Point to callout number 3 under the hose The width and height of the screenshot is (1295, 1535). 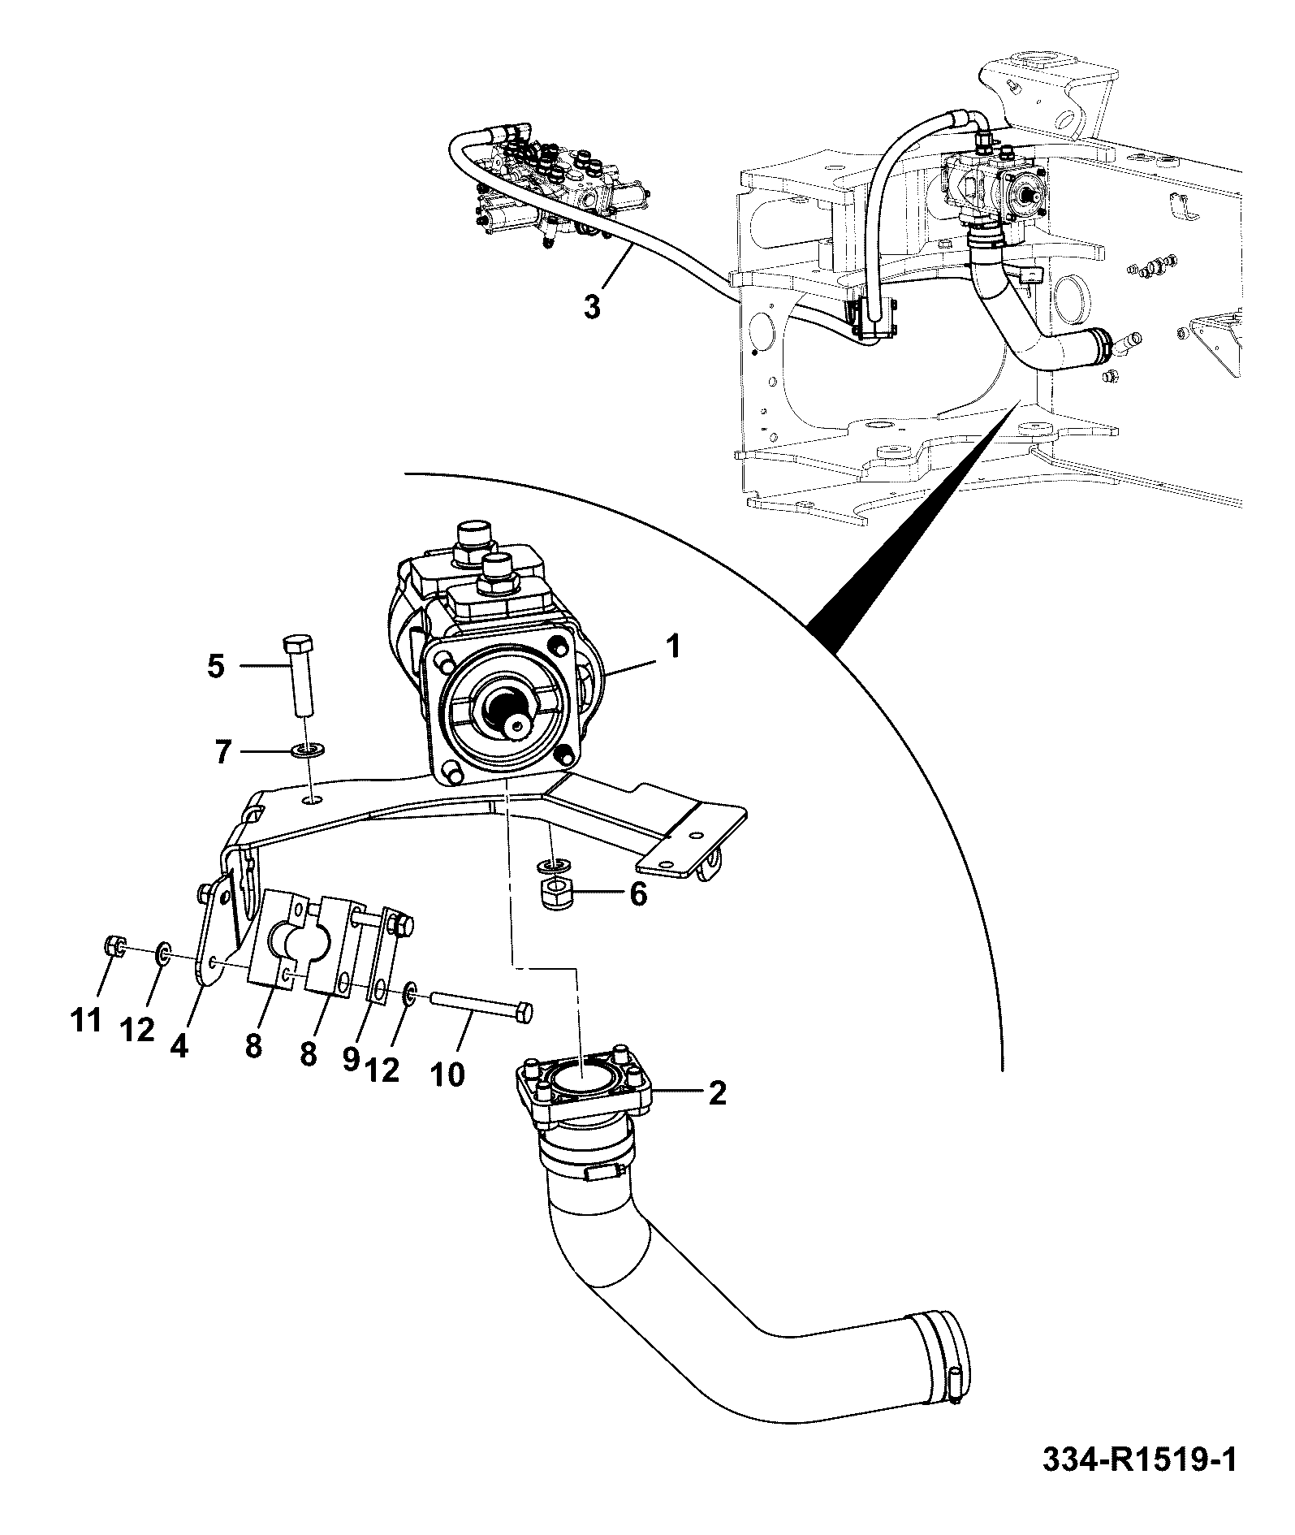tap(593, 308)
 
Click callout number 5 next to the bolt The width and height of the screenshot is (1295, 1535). tap(215, 668)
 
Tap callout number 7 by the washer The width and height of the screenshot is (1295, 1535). tap(223, 752)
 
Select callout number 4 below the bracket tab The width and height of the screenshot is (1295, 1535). tap(179, 1045)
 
